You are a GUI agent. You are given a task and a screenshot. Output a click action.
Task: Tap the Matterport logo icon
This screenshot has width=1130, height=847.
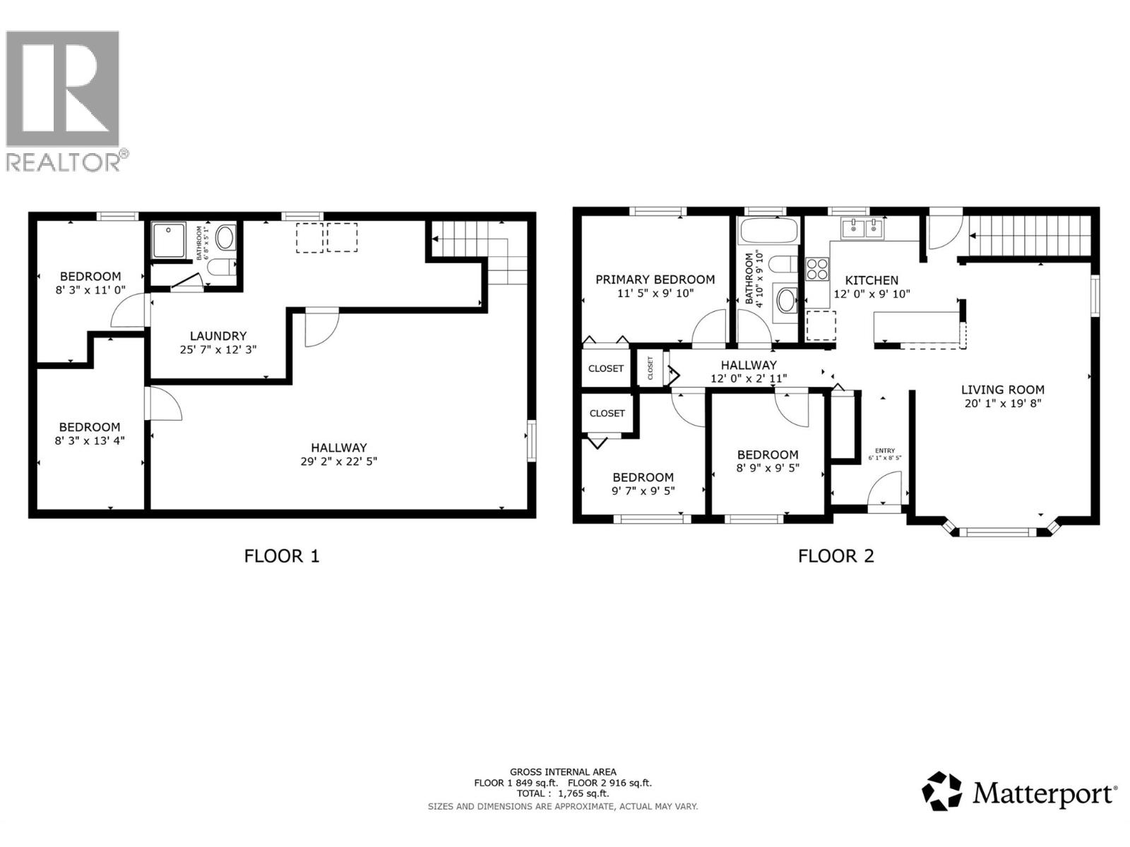(x=942, y=791)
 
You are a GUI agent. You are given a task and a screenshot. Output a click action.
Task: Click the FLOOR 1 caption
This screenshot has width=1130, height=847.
(x=282, y=556)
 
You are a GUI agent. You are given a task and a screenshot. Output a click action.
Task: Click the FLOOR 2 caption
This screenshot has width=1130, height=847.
(x=835, y=556)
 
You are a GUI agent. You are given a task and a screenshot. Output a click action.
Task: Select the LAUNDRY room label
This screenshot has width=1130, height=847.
(x=218, y=336)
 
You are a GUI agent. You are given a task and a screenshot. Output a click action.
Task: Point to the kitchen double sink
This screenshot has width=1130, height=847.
(x=862, y=227)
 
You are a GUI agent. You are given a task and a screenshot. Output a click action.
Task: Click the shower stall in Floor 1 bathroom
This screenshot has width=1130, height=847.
(x=170, y=240)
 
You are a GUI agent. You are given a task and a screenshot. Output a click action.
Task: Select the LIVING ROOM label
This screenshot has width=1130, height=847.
(x=1002, y=390)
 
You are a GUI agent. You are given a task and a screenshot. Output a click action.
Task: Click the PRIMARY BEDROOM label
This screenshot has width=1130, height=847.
(x=655, y=280)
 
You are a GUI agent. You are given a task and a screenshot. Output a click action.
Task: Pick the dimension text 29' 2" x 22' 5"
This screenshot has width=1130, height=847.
(x=339, y=462)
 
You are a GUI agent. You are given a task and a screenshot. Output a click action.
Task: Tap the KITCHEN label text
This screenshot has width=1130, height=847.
(x=872, y=280)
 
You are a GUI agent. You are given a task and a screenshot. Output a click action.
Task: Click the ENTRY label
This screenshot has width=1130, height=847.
(x=884, y=450)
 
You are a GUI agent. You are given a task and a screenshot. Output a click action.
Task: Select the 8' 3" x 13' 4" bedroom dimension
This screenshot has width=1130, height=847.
(x=90, y=440)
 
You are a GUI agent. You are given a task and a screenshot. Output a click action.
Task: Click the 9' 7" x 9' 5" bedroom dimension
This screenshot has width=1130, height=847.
(x=643, y=491)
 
